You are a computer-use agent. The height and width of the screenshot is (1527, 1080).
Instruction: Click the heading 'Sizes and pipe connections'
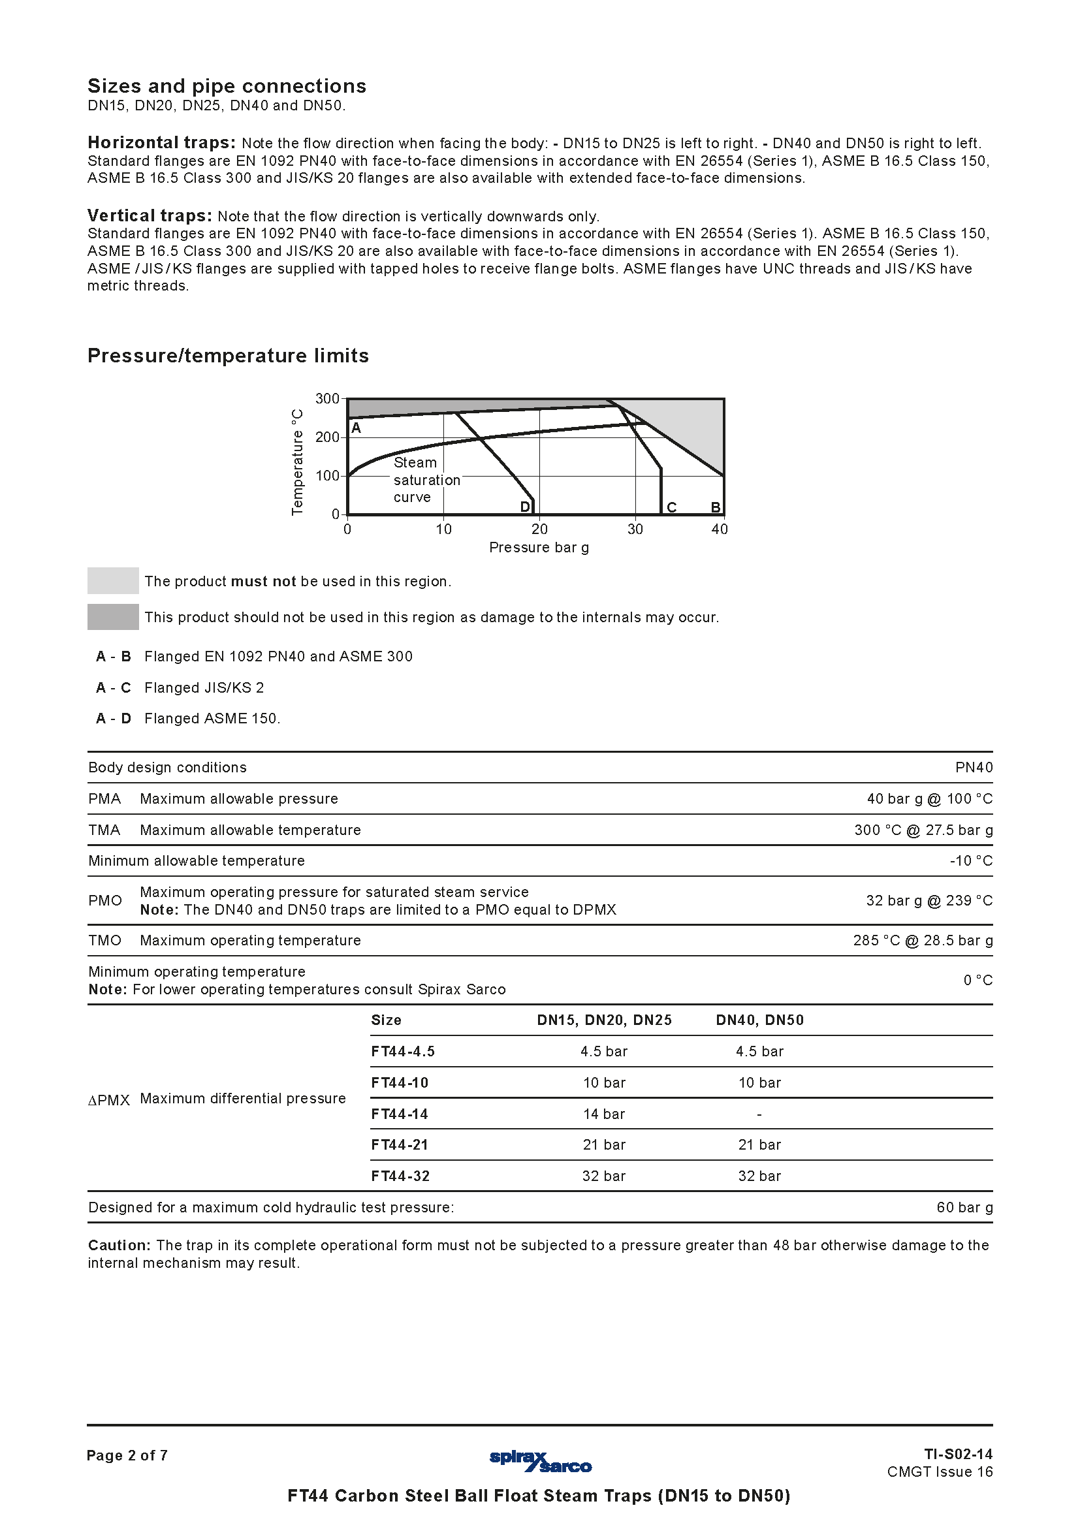tap(227, 86)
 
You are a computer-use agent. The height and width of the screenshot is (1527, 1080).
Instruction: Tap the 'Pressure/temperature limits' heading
tap(228, 356)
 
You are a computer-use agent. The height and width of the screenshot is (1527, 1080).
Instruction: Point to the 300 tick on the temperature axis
tap(327, 398)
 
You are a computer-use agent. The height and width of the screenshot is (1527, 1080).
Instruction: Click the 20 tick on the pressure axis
tap(539, 529)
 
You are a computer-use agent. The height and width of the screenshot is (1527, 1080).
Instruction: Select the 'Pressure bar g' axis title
tap(539, 547)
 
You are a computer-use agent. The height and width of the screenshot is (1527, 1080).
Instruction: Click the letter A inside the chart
tap(357, 428)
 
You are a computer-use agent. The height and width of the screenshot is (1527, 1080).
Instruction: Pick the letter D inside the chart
tap(525, 507)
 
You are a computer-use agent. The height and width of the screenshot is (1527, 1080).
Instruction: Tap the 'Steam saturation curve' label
tap(426, 480)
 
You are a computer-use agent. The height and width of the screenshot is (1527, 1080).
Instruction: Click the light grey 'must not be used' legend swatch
tap(113, 580)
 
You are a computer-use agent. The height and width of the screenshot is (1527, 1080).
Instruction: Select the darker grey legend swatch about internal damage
tap(113, 616)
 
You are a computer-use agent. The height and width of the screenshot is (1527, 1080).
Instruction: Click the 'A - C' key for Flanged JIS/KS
tap(114, 687)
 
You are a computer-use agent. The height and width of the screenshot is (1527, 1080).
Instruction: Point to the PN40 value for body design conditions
tap(974, 768)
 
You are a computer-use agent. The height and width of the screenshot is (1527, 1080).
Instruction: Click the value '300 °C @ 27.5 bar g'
tap(923, 830)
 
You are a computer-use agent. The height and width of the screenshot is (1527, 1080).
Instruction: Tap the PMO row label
tap(105, 900)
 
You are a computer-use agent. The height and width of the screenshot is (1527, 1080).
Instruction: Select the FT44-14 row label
tap(400, 1114)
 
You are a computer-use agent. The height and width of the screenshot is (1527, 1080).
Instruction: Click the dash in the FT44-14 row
tap(759, 1114)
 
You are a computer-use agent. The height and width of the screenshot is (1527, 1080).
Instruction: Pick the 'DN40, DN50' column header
tap(759, 1020)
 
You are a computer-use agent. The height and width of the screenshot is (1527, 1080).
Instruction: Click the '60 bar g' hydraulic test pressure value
tap(964, 1207)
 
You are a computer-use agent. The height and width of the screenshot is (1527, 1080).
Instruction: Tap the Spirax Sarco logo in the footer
tap(540, 1461)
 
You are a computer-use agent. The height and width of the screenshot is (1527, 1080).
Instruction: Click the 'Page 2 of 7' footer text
tap(127, 1455)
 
